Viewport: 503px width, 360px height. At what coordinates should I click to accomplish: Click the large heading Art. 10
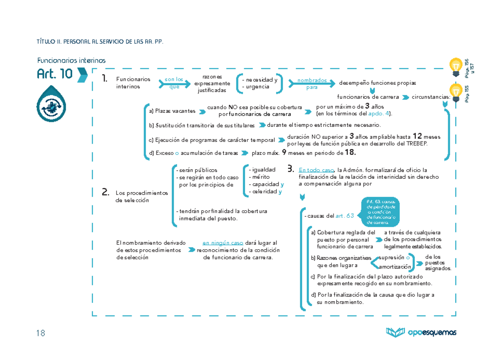coord(55,74)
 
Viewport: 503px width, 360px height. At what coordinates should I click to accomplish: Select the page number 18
coord(40,333)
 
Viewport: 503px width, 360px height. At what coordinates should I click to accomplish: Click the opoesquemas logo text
coord(432,333)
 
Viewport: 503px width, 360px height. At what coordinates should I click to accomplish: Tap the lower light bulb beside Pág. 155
coord(456,91)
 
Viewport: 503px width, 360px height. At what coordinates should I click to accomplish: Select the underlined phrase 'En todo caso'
coord(316,170)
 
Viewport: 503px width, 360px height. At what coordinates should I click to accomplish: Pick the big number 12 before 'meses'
coord(417,136)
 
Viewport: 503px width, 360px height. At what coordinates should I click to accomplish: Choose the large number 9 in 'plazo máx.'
coord(284,153)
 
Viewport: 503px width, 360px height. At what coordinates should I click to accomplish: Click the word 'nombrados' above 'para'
coord(312,81)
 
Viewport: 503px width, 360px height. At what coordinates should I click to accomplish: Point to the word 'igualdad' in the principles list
coord(263,170)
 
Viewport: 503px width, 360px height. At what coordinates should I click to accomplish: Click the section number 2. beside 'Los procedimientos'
coord(106,192)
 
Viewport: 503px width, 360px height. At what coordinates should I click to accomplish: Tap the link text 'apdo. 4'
coord(379,114)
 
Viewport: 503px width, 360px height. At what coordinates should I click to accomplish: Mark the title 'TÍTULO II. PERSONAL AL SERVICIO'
coord(99,42)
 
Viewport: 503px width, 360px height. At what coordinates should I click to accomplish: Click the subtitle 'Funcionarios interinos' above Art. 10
coord(71,60)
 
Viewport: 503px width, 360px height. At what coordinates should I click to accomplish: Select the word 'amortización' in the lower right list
coord(395,267)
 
